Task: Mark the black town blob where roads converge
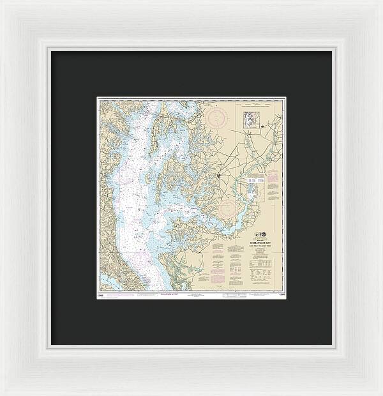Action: click(x=219, y=174)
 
